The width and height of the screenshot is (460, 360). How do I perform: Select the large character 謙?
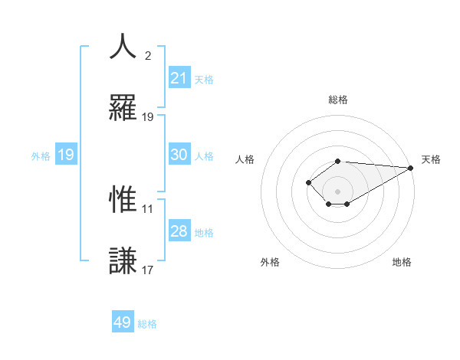[123, 260]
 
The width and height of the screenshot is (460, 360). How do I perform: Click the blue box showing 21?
[179, 78]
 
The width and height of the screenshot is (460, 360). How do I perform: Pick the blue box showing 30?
[179, 155]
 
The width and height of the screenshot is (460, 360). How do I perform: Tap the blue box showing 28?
[179, 231]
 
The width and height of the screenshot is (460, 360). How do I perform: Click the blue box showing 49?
[123, 322]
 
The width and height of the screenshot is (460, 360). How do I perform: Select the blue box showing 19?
[66, 155]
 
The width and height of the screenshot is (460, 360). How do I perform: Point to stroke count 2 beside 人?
[148, 56]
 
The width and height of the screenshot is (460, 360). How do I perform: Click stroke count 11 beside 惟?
[148, 208]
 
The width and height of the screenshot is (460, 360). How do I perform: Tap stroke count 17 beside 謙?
[148, 270]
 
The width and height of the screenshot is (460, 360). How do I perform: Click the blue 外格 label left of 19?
[41, 155]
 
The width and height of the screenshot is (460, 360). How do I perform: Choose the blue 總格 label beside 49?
[147, 323]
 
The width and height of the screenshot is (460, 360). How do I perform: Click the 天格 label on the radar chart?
[431, 159]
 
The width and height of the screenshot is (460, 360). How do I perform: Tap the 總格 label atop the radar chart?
[338, 100]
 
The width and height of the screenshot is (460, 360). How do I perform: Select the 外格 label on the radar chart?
[270, 262]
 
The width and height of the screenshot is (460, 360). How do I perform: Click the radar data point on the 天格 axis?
[411, 168]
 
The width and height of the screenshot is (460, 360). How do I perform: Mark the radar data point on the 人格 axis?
[308, 182]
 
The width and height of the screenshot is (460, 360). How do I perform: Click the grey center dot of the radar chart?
[338, 191]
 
